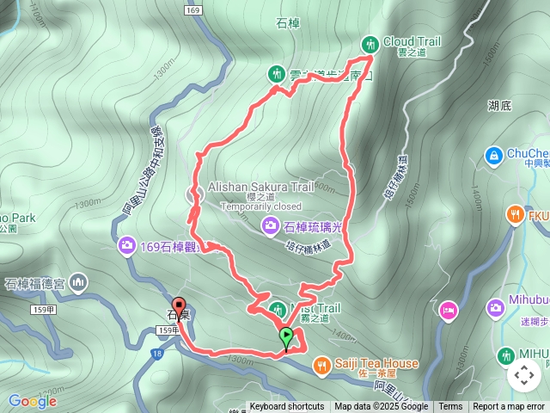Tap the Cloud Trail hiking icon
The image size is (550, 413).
pos(370,43)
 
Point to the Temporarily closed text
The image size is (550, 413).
pos(261,206)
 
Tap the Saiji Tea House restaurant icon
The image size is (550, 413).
pos(321,364)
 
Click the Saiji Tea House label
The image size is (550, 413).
pos(377,364)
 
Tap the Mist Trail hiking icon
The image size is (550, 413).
pos(278,309)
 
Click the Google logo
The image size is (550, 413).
pos(32,401)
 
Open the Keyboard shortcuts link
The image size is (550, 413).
pos(287,407)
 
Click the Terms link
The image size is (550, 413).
pos(450,407)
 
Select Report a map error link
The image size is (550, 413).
pos(510,407)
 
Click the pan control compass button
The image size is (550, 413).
pos(524,375)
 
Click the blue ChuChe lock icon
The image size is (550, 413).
pos(494,155)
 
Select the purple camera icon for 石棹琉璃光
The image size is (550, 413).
pos(271,226)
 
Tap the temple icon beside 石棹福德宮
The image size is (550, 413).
pos(79,281)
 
